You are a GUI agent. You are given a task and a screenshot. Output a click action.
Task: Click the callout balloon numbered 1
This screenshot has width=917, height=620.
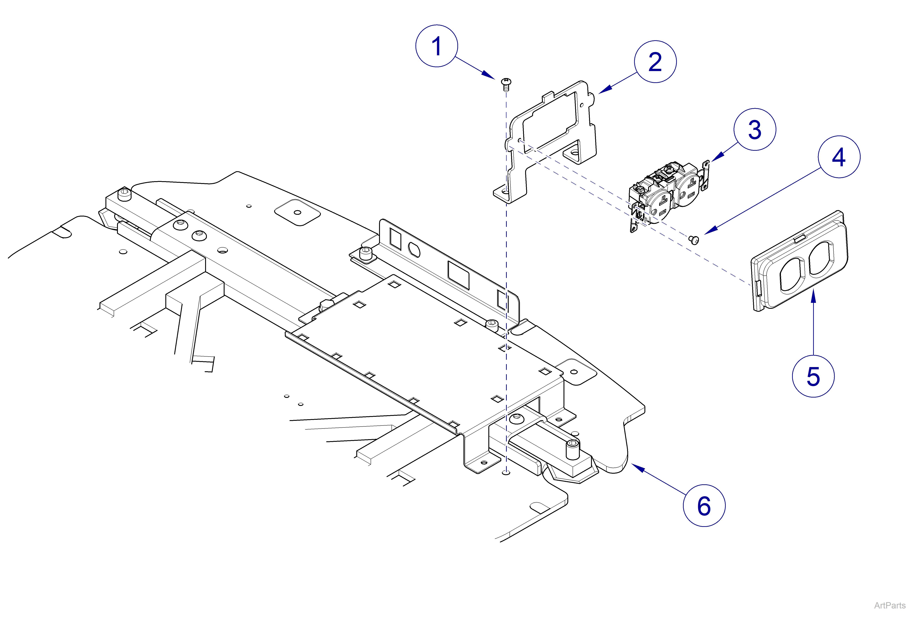436,46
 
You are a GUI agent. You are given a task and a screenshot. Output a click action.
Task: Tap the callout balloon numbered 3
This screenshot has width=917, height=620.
754,129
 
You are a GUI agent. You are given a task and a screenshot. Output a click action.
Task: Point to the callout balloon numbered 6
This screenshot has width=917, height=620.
704,505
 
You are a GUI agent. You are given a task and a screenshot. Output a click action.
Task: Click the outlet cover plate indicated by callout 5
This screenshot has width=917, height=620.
799,262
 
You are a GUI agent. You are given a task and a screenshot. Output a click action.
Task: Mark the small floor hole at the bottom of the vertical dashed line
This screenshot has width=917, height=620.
507,472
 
